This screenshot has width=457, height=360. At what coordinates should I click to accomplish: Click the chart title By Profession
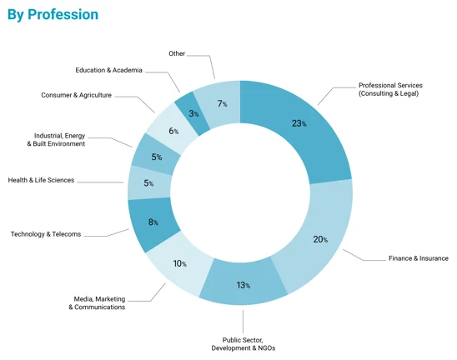(53, 15)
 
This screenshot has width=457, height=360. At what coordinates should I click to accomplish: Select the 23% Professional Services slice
(299, 123)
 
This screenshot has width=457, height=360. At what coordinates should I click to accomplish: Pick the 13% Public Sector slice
(244, 286)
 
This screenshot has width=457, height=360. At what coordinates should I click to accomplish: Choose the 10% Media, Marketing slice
(178, 264)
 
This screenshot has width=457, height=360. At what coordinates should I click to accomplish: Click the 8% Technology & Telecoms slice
(153, 222)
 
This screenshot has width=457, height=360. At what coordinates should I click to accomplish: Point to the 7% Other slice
(220, 103)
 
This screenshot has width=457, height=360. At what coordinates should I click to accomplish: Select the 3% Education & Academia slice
(193, 112)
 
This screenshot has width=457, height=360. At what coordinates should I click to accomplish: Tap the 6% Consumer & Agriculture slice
(172, 131)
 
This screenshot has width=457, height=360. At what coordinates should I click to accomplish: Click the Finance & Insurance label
(419, 258)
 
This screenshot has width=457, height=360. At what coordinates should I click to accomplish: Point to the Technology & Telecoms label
(46, 234)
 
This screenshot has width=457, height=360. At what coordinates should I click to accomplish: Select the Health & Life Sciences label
(41, 180)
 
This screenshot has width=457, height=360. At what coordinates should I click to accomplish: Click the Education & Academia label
(108, 70)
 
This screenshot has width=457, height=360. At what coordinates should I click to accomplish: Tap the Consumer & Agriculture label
(76, 95)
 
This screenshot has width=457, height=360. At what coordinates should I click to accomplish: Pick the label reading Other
(177, 52)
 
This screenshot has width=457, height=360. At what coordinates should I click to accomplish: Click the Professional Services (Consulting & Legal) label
(388, 89)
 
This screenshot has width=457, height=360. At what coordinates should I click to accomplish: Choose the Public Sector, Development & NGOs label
(249, 344)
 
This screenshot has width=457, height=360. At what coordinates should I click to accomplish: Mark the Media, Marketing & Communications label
(97, 302)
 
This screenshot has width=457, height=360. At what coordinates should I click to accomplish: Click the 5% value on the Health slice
(148, 183)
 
